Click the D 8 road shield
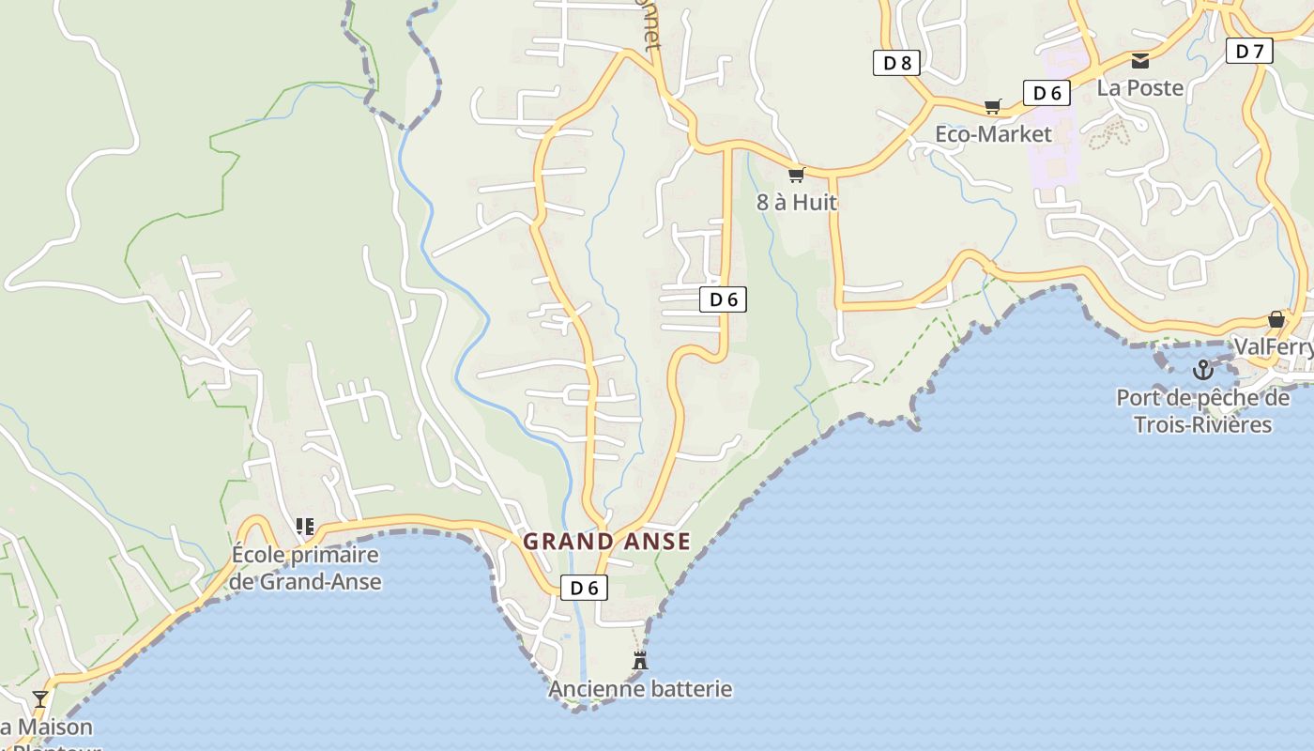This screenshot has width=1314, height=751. pos(896,63)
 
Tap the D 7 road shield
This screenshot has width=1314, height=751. pos(1249,51)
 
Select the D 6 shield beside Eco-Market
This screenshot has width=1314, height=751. pos(1047,93)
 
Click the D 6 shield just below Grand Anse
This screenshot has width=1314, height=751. pos(584,588)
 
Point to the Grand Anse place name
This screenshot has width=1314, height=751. pos(606,542)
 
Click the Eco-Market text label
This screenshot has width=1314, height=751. pos(993,134)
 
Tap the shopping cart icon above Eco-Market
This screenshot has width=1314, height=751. pos(993,107)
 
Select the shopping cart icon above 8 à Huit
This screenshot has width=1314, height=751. pos(797,175)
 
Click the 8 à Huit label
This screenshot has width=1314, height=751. pos(797,202)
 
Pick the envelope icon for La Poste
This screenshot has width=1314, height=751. pos(1140,61)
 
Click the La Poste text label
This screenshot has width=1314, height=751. pos(1140,88)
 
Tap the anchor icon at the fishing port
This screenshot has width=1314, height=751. pos(1202,370)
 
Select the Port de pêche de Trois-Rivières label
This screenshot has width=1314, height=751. pos(1202,411)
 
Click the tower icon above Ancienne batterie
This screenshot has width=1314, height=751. pos(640,660)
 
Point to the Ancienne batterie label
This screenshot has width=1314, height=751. pos(640,689)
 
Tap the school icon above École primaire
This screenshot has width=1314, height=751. pos(305,527)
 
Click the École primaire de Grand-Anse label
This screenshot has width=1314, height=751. pos(306,568)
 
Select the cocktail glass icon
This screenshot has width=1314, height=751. pos(40,698)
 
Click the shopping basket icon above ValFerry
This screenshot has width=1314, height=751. pos(1276,319)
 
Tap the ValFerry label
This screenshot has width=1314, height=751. pos(1273,347)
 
